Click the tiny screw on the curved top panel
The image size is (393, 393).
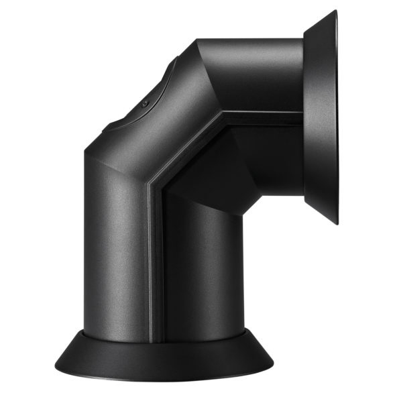pos(145,104)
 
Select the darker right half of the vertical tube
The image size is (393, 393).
pos(194,268)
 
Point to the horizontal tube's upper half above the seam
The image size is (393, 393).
pos(262,74)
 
